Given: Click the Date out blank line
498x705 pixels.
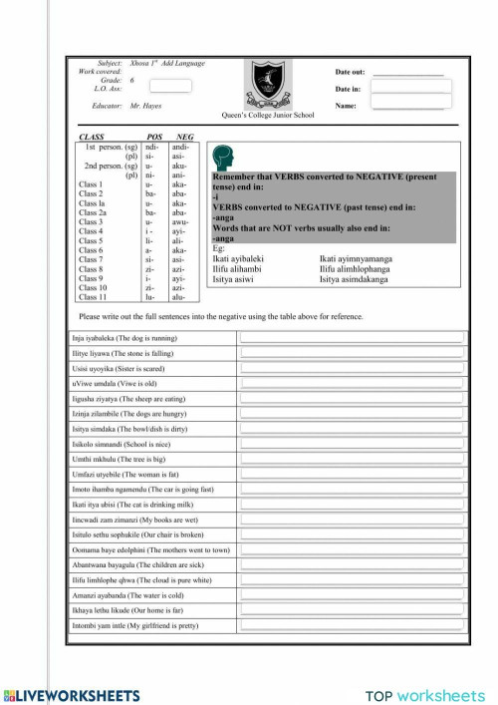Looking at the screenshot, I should [407, 73].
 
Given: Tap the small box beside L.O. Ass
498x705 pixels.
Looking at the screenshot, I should [170, 86].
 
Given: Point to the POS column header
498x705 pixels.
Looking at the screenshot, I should [154, 137].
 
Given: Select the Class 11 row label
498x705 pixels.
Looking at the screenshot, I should [93, 297].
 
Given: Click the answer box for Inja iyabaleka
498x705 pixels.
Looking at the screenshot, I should [352, 339].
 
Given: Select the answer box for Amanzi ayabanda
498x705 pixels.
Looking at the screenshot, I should [352, 592].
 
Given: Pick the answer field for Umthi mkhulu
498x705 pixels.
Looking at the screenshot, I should [352, 459].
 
